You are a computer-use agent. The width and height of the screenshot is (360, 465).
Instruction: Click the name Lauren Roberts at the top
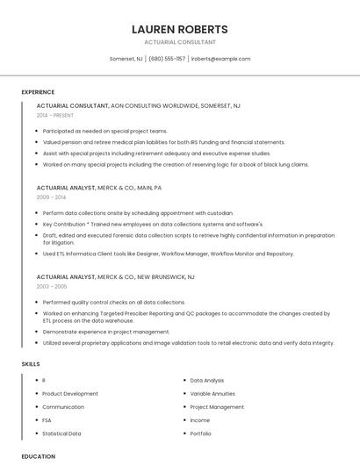(x=179, y=29)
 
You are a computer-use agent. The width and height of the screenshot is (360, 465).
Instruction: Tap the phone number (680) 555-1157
(x=167, y=59)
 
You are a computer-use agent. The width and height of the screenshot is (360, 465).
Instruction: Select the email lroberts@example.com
(x=220, y=59)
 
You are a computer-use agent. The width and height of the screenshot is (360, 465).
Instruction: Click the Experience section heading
(x=38, y=92)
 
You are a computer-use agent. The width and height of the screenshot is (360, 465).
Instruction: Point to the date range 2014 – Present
(x=55, y=115)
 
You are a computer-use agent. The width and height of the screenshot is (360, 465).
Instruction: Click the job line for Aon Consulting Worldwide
(x=138, y=105)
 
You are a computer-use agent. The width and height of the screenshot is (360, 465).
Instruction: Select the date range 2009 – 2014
(x=50, y=197)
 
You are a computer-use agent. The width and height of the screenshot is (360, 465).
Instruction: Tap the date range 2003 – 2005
(x=51, y=286)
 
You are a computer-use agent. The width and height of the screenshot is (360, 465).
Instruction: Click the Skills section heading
(x=31, y=363)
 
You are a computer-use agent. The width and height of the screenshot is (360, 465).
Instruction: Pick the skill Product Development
(x=70, y=394)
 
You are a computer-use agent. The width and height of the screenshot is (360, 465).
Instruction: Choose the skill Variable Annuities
(x=213, y=394)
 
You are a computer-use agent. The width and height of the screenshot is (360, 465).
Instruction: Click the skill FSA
(x=47, y=420)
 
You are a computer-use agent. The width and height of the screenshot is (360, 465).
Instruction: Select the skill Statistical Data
(x=61, y=433)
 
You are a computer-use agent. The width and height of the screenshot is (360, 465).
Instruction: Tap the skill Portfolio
(x=200, y=433)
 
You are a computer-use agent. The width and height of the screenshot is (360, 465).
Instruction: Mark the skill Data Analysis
(x=207, y=381)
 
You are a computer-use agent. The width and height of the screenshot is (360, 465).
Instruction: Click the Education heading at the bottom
(x=38, y=456)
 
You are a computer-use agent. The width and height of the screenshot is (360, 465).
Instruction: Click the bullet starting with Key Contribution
(x=152, y=224)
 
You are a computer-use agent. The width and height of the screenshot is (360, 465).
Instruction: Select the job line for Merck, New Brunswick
(x=115, y=276)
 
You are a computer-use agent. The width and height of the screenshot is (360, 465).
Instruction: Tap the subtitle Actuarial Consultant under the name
(x=179, y=42)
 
